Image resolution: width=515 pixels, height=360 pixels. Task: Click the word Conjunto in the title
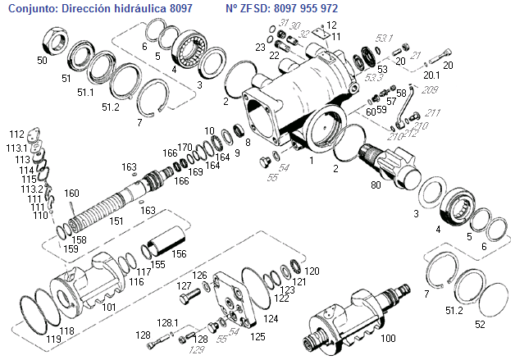tap(31, 7)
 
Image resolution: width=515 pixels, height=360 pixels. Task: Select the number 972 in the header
tap(327, 7)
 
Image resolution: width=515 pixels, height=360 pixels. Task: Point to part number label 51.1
tap(86, 93)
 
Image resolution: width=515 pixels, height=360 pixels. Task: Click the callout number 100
tap(389, 337)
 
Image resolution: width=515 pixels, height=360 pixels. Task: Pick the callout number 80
tap(376, 185)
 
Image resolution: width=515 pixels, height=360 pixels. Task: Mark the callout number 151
tap(117, 221)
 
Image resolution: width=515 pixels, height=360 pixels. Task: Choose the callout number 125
tap(257, 336)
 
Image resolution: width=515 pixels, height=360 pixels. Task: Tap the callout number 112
tap(16, 133)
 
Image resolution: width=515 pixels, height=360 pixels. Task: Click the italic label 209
tap(431, 89)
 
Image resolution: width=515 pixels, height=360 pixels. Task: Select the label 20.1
tap(431, 75)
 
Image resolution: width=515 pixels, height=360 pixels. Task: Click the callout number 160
tap(72, 194)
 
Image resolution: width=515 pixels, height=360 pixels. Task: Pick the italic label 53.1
tap(385, 39)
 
